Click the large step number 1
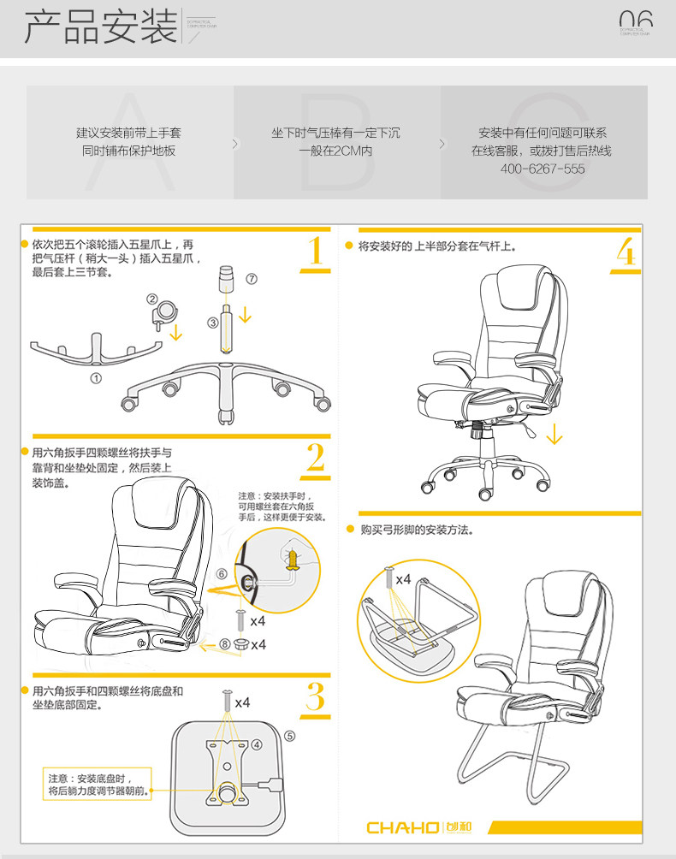tap(316, 251)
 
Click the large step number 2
tap(316, 459)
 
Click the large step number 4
tap(626, 251)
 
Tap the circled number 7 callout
tap(251, 279)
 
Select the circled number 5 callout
tap(289, 735)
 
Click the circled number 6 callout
tap(222, 574)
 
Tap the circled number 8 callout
tap(224, 643)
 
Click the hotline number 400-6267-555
tap(543, 169)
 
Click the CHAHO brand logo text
tap(402, 827)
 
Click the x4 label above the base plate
tap(242, 702)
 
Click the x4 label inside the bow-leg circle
tap(403, 579)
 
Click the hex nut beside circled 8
tap(240, 643)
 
